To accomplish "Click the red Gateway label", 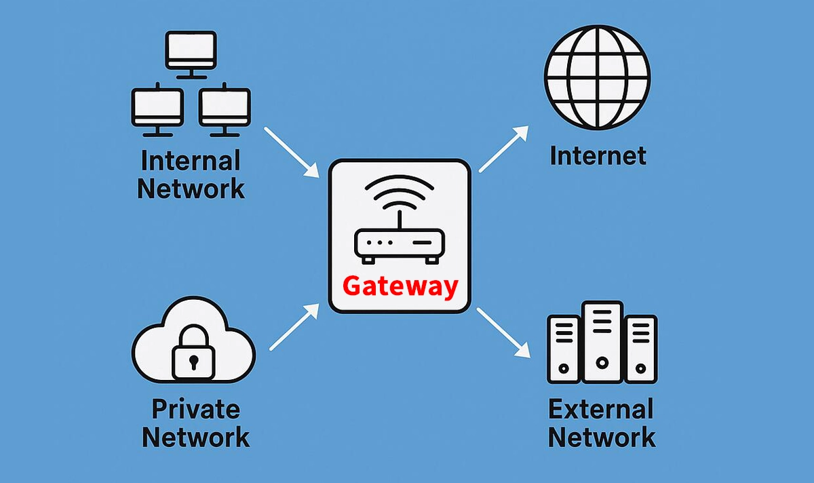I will pos(400,286).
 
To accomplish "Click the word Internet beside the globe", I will pos(598,156).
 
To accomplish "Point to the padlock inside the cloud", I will pos(193,354).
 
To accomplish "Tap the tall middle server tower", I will pos(602,343).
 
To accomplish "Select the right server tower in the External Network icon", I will pos(641,349).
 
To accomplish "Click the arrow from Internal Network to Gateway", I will pos(292,152).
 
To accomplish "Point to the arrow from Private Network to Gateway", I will pos(294,327).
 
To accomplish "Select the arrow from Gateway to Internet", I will pos(503,149).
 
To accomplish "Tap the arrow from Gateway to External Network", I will pos(503,332).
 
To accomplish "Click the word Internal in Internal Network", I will pos(191,161).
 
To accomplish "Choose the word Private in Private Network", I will pos(195,409).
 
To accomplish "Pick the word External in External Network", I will pos(601,409).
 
